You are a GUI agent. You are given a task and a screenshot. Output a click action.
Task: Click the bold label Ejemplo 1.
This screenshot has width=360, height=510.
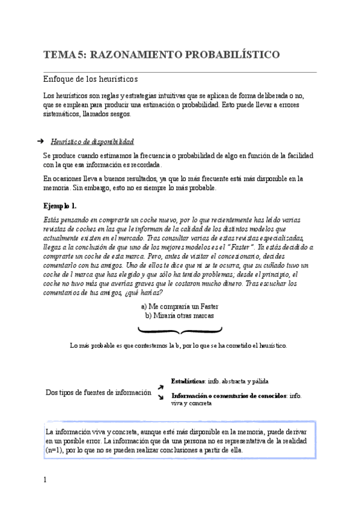click(x=60, y=205)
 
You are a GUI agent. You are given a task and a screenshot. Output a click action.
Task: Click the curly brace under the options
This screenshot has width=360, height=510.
click(x=180, y=330)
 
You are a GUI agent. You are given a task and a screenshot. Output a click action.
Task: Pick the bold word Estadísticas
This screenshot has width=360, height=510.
click(x=188, y=381)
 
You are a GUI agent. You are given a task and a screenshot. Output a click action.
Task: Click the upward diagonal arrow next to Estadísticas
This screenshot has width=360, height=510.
click(x=160, y=387)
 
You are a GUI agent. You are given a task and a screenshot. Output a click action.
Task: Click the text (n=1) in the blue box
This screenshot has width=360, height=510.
click(x=56, y=450)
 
